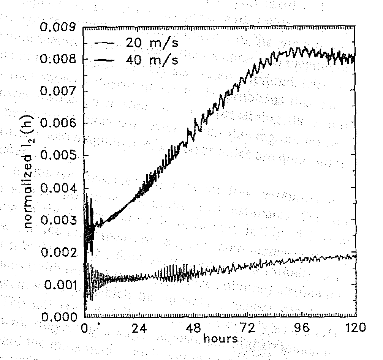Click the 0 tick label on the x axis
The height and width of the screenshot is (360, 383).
[85, 327]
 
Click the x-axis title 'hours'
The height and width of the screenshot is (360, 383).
[220, 338]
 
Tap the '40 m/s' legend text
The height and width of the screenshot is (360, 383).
[152, 60]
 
